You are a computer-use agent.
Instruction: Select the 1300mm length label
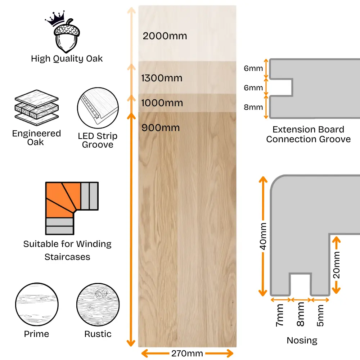click(162, 78)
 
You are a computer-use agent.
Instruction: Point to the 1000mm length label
click(162, 103)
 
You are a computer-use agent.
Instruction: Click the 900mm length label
click(161, 128)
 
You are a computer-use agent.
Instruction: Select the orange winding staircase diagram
click(72, 208)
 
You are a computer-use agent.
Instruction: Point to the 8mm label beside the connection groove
click(253, 107)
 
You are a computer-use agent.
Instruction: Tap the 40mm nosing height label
click(263, 236)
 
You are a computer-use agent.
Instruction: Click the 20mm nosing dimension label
click(336, 265)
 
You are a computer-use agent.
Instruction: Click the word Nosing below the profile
click(302, 340)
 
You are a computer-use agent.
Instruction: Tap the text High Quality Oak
click(67, 59)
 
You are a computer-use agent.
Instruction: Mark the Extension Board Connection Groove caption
click(308, 134)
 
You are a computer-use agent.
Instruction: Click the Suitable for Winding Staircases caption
click(67, 250)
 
